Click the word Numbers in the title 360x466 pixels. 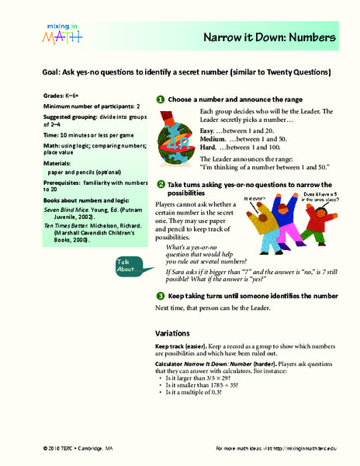[310, 36]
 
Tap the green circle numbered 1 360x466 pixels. [160, 99]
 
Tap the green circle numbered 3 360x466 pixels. [160, 297]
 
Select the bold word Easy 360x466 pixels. [208, 130]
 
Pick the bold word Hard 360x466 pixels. [208, 148]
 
